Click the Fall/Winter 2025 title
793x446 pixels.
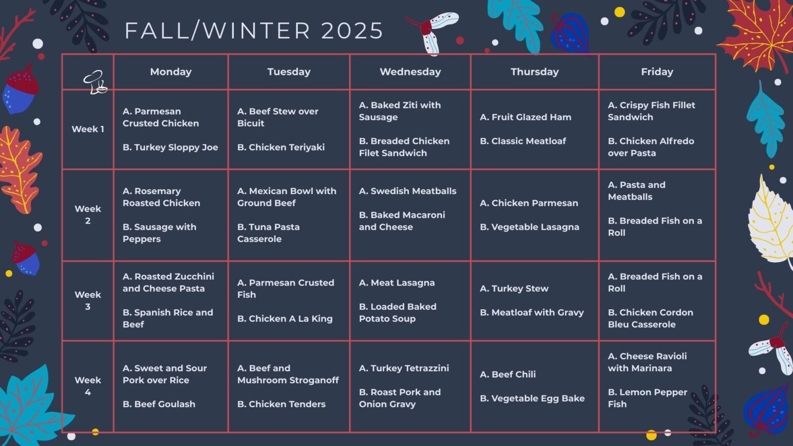pyautogui.click(x=254, y=30)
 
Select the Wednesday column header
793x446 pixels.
pyautogui.click(x=410, y=72)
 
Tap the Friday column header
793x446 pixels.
pyautogui.click(x=657, y=72)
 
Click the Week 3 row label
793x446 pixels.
pyautogui.click(x=88, y=300)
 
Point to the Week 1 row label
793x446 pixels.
pyautogui.click(x=88, y=129)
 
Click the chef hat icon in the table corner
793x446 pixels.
pyautogui.click(x=95, y=82)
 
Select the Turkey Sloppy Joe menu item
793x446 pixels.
pyautogui.click(x=170, y=147)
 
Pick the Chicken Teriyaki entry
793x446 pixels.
pyautogui.click(x=281, y=147)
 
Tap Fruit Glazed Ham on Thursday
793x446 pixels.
pyautogui.click(x=526, y=117)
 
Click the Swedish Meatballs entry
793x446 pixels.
pyautogui.click(x=407, y=191)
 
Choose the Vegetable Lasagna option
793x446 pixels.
pyautogui.click(x=529, y=227)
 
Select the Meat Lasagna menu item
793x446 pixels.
pyautogui.click(x=396, y=283)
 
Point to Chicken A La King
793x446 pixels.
pyautogui.click(x=284, y=319)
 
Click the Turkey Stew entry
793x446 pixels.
pyautogui.click(x=514, y=289)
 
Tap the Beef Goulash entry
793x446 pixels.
pyautogui.click(x=158, y=404)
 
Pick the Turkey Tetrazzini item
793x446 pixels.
pyautogui.click(x=404, y=369)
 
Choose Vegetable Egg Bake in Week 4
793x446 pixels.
pyautogui.click(x=532, y=399)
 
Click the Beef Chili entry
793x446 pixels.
pyautogui.click(x=507, y=374)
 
